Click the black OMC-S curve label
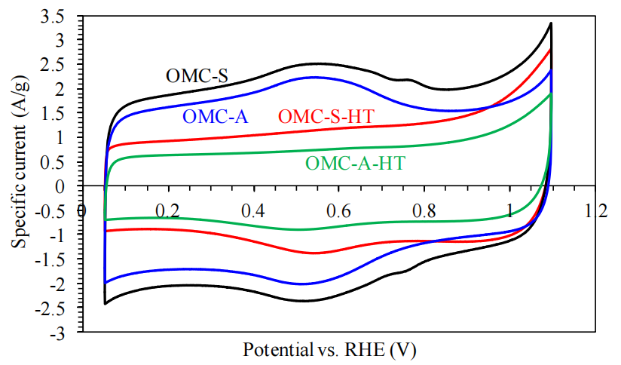click(197, 75)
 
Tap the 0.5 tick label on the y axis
click(64, 162)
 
